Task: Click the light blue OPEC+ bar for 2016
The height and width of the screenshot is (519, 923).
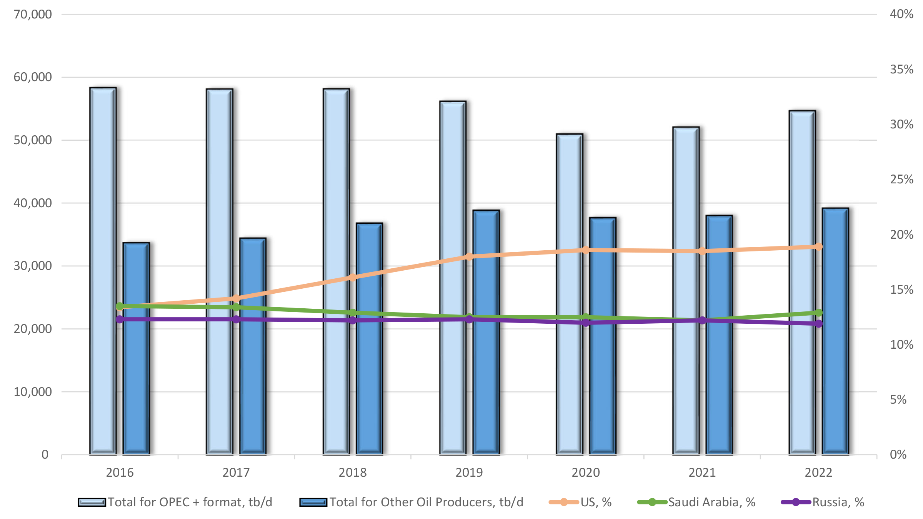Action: click(x=103, y=269)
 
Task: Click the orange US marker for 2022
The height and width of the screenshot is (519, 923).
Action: click(x=818, y=246)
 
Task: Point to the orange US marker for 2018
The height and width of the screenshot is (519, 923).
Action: click(x=352, y=277)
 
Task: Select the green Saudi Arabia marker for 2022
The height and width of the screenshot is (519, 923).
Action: click(x=818, y=313)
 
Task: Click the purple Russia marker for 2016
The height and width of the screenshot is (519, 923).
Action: click(x=120, y=319)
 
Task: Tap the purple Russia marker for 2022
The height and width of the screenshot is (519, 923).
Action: click(x=818, y=324)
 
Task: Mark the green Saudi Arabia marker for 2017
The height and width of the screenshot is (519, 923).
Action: click(x=236, y=307)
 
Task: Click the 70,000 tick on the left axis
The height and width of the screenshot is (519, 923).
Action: click(x=33, y=15)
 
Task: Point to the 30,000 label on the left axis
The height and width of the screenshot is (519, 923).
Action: click(x=33, y=266)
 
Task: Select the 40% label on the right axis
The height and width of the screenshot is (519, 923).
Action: click(x=901, y=14)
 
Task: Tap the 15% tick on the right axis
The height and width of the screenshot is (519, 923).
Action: click(x=901, y=289)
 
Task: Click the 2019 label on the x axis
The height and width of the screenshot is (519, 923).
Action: click(x=469, y=472)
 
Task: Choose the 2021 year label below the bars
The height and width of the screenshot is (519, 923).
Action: click(x=702, y=472)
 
